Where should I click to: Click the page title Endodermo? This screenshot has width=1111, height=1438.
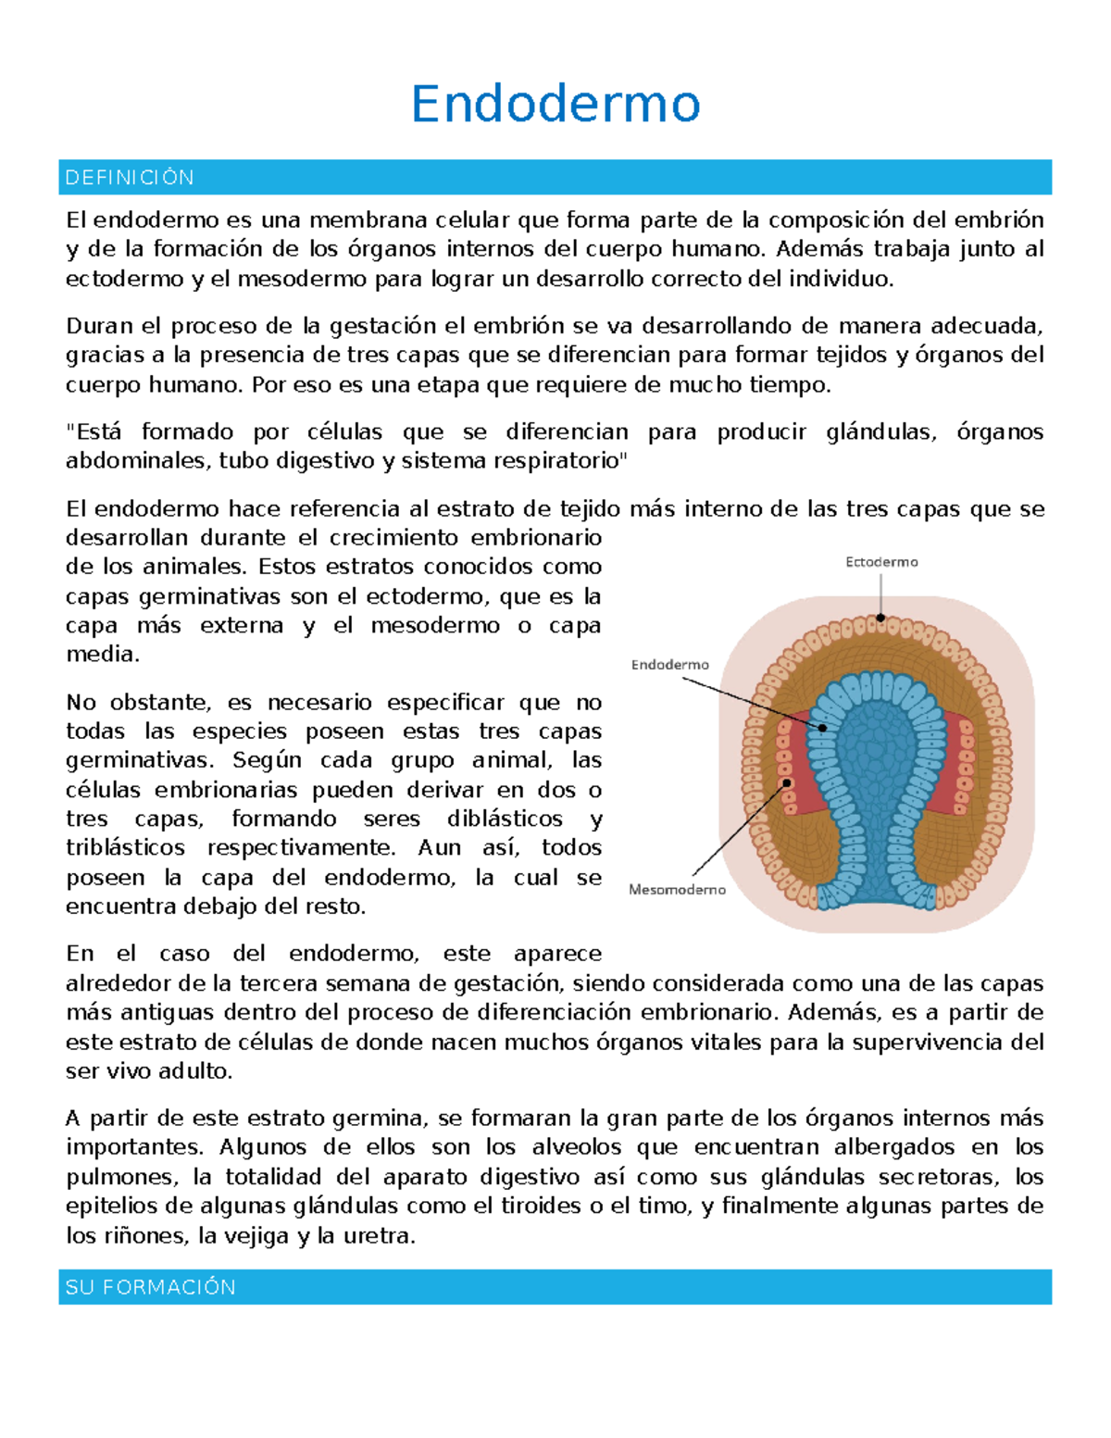pos(555,104)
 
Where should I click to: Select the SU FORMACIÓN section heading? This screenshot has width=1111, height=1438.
pos(150,1287)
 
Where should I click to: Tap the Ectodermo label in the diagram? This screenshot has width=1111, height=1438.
pos(881,562)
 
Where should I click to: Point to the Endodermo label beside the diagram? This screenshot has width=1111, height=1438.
pos(669,665)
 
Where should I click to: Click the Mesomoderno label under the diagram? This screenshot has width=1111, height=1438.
pos(677,890)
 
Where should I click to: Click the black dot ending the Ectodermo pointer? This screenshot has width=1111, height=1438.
pos(881,618)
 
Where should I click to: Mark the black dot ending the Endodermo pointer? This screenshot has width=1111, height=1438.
pos(822,728)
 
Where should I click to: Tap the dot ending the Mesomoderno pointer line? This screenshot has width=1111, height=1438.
pos(788,783)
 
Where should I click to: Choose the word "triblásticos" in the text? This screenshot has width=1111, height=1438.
pos(125,848)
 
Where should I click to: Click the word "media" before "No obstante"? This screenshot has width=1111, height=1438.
pos(101,655)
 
